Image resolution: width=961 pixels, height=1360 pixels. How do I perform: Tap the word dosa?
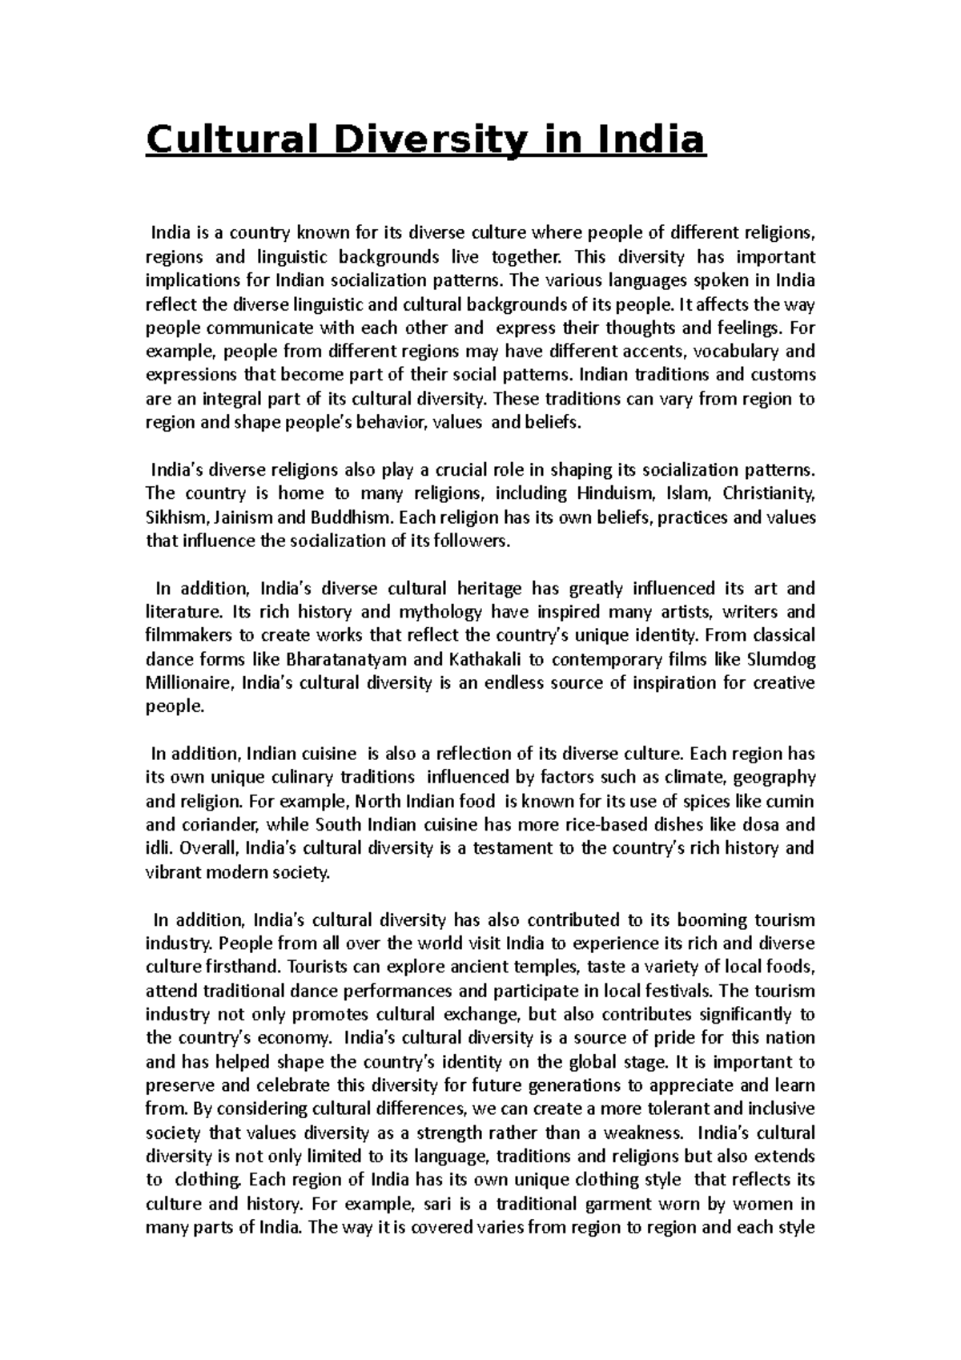742,825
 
